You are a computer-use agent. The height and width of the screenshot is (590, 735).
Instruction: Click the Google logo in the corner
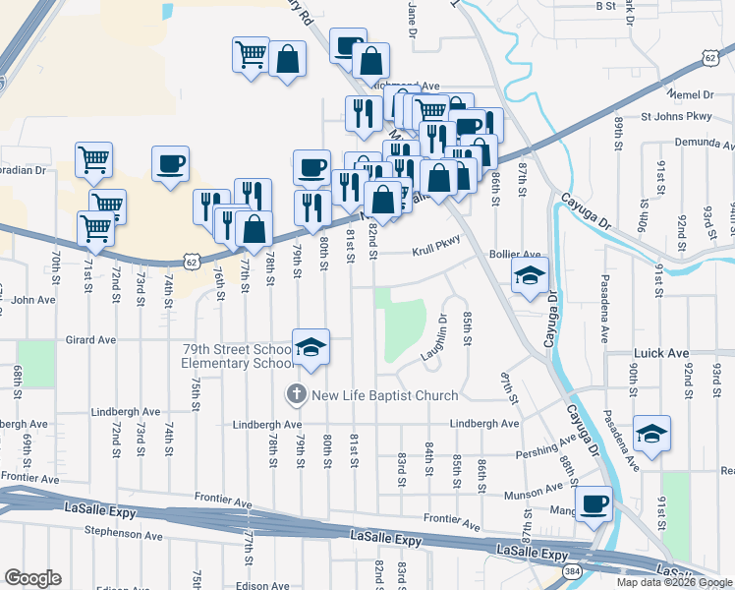pyautogui.click(x=32, y=578)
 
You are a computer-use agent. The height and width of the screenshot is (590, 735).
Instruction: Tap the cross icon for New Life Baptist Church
pyautogui.click(x=296, y=395)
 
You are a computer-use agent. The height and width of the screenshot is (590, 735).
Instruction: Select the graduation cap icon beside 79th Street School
pyautogui.click(x=311, y=347)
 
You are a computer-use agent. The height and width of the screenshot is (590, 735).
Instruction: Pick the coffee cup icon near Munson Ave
pyautogui.click(x=594, y=504)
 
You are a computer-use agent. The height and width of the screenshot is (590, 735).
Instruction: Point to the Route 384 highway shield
pyautogui.click(x=572, y=569)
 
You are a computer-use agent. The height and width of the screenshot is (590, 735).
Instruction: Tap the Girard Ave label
pyautogui.click(x=90, y=340)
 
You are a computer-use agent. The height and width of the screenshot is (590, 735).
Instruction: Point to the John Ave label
pyautogui.click(x=31, y=300)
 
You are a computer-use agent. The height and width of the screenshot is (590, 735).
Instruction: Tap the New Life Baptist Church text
pyautogui.click(x=384, y=395)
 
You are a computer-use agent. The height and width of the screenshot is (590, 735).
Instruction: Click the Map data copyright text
pyautogui.click(x=673, y=582)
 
